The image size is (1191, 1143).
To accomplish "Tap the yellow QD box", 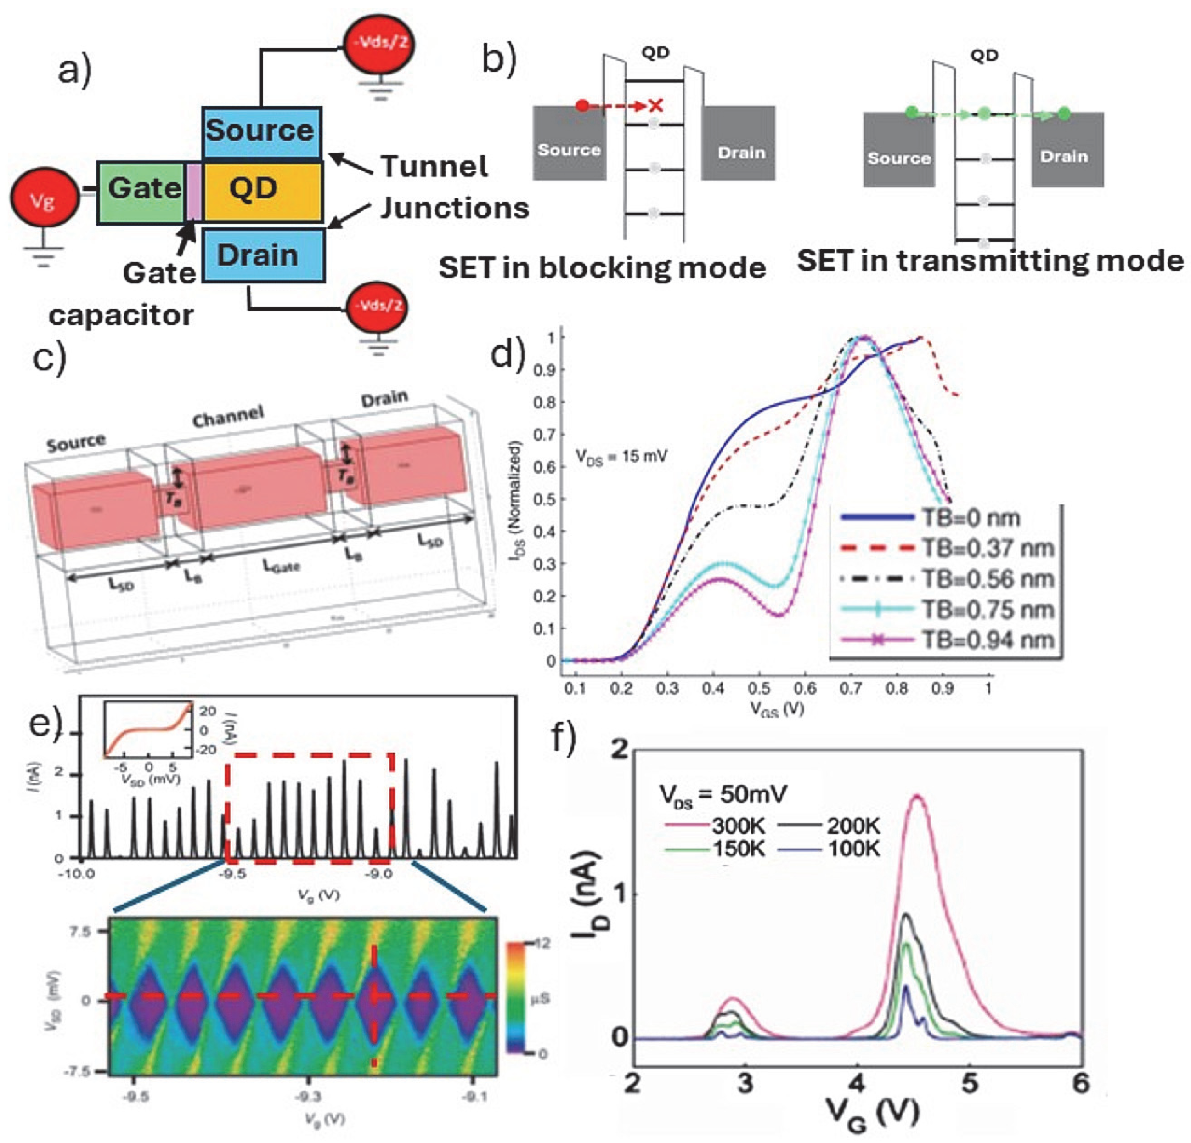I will click(261, 190).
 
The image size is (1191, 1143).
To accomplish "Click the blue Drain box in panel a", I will click(263, 255).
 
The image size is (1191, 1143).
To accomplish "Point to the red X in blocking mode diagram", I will click(655, 106).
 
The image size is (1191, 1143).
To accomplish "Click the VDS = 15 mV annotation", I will click(621, 456).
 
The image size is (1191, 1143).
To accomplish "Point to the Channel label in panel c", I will click(228, 416).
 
